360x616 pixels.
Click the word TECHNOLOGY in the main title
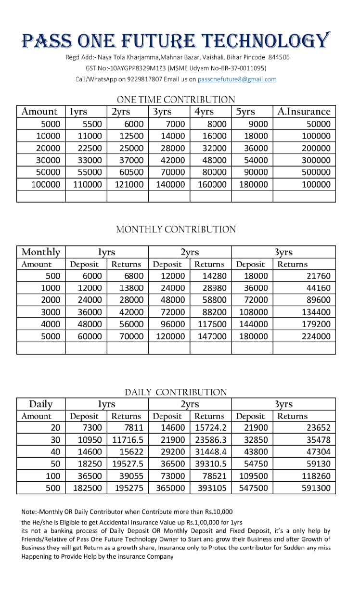click(268, 41)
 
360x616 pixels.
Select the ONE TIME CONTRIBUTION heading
click(176, 100)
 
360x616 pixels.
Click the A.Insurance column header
click(304, 112)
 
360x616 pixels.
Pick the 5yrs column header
click(245, 112)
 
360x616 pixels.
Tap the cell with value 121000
click(129, 184)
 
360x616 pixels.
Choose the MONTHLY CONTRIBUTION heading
click(176, 230)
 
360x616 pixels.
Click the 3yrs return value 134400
click(316, 312)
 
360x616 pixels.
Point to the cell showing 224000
click(316, 336)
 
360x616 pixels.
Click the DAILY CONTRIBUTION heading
click(176, 392)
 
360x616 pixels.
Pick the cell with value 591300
click(316, 488)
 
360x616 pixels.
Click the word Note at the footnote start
click(30, 512)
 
